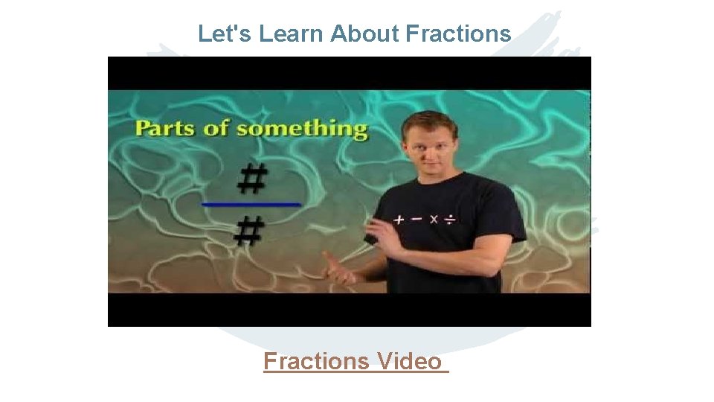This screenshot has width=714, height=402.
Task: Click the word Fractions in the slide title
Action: (x=458, y=33)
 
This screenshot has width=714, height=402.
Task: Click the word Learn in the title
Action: (x=292, y=33)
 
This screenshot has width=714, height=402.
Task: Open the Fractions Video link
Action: (x=356, y=362)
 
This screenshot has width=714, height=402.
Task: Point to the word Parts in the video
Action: (x=166, y=128)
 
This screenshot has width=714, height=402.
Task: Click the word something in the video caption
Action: (x=302, y=129)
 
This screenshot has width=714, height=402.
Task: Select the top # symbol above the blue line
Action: (x=252, y=180)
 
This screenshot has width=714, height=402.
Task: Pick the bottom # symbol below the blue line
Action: (x=249, y=232)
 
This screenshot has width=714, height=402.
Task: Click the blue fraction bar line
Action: (x=251, y=203)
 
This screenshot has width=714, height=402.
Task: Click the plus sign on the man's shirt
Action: (x=399, y=220)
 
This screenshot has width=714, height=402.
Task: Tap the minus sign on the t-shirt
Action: (x=416, y=220)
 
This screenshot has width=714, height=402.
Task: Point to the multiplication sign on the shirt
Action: (x=433, y=220)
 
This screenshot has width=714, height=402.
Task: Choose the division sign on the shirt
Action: (x=450, y=220)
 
